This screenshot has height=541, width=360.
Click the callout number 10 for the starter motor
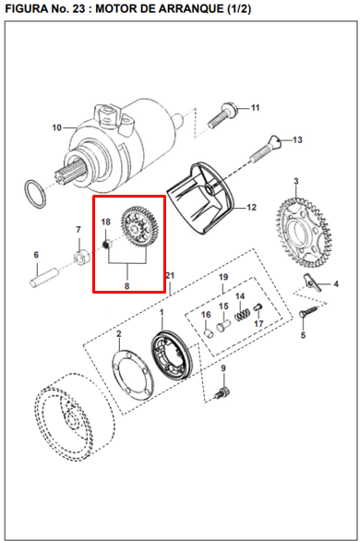56,127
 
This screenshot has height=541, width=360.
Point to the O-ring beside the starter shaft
35,194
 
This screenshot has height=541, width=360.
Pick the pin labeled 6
43,277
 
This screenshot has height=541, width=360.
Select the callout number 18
105,222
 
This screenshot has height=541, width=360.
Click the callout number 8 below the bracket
127,285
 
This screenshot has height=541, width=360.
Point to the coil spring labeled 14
241,316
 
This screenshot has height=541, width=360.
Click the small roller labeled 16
209,332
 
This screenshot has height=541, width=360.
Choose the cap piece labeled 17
258,307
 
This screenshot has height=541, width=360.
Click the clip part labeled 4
312,283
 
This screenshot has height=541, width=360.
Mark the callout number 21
171,276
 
